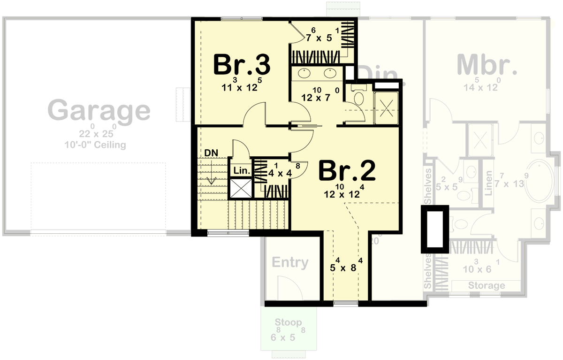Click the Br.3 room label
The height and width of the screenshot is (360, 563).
242,65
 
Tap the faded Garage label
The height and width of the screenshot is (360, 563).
99,111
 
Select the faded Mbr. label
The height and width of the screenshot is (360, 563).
487,65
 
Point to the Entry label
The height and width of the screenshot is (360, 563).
290,262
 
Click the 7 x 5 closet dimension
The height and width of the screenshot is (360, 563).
319,37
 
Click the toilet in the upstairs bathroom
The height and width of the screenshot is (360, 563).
360,99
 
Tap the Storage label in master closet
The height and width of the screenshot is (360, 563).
486,285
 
